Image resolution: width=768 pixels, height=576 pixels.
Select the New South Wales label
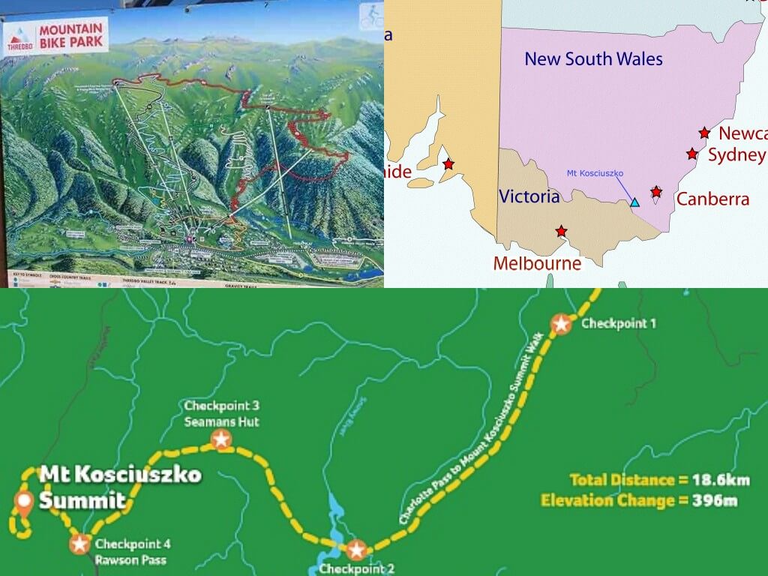click(593, 58)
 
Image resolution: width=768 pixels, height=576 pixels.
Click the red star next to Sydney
click(691, 154)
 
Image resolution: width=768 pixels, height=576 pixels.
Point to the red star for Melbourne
click(561, 231)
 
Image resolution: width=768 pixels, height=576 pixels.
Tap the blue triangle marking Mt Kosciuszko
click(635, 202)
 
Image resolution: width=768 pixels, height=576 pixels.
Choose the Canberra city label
click(712, 199)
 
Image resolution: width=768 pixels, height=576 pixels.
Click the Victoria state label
click(529, 196)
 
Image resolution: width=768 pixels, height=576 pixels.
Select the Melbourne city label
click(537, 263)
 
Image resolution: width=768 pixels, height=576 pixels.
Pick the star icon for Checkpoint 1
click(561, 324)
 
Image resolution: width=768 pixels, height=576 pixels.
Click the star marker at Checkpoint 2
click(356, 550)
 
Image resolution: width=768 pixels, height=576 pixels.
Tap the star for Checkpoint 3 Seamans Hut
click(221, 439)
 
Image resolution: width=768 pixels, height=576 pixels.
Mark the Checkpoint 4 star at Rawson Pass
click(80, 543)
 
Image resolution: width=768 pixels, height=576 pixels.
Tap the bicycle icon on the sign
click(371, 16)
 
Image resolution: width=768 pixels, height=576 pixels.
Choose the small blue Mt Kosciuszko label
click(595, 173)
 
